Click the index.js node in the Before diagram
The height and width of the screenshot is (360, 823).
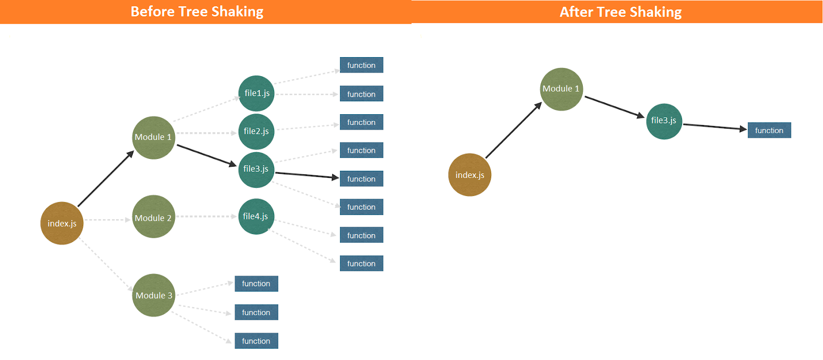tap(62, 223)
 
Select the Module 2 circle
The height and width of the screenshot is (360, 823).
tap(153, 217)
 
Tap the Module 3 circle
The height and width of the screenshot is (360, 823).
tap(153, 295)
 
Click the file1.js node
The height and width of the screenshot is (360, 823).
tap(256, 93)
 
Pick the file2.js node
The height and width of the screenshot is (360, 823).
tap(256, 132)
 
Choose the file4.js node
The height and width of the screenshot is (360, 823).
tap(256, 217)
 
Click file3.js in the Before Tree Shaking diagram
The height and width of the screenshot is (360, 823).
tap(256, 170)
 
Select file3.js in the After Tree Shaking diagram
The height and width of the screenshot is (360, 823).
tap(664, 121)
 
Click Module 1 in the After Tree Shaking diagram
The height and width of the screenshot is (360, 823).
tap(561, 89)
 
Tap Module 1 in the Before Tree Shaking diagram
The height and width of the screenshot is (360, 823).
tap(153, 137)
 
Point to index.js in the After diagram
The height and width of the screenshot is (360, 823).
tap(470, 175)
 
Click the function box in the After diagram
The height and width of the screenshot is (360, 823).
tap(769, 130)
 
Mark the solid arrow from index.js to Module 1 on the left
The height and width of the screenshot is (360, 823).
tap(105, 178)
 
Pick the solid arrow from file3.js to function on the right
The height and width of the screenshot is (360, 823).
tap(714, 127)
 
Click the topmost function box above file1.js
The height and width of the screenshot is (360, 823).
tap(361, 65)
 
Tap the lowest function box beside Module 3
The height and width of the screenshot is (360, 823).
tap(256, 341)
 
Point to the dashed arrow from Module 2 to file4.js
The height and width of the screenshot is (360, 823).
tap(206, 217)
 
